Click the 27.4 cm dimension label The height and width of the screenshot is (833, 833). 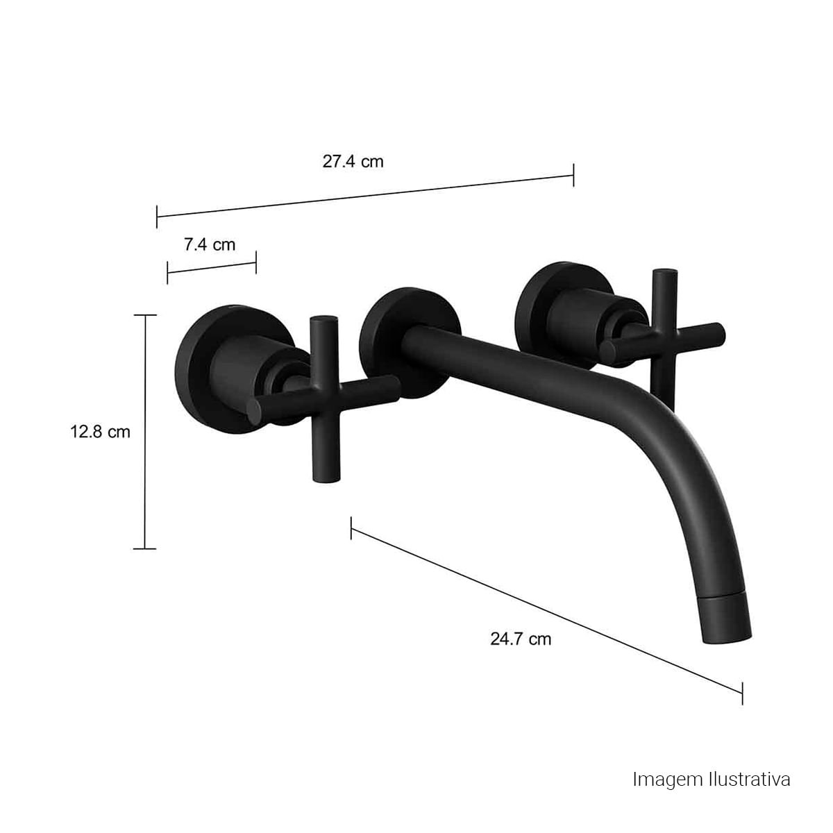[353, 162]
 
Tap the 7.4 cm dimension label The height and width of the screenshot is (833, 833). [210, 244]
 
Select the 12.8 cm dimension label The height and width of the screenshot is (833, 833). [100, 431]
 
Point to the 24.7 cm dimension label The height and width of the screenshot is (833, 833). [521, 639]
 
